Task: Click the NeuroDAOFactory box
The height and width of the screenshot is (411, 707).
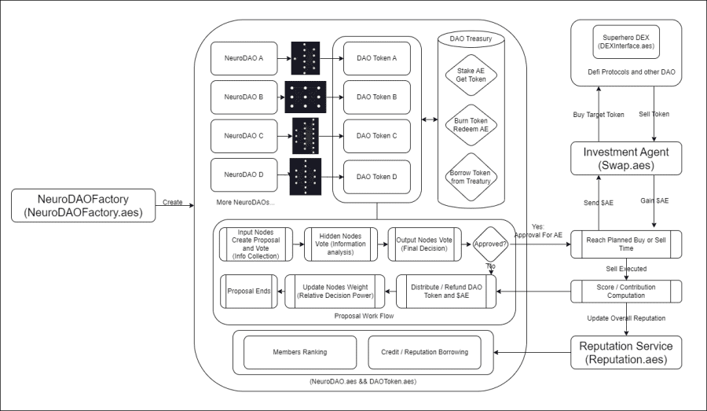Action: [83, 206]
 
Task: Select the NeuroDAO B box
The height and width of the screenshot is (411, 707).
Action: [244, 97]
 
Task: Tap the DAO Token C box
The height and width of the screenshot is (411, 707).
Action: [377, 136]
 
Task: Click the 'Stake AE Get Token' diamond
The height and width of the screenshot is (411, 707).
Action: [471, 75]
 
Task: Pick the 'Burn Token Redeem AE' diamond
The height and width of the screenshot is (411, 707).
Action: [471, 125]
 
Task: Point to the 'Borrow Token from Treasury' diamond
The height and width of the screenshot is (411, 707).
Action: [471, 177]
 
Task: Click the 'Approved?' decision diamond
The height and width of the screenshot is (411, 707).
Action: [490, 244]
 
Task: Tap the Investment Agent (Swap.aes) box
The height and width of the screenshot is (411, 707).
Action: [626, 159]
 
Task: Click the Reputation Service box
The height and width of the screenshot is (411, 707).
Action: [626, 353]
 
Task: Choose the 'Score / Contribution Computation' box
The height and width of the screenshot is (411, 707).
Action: [626, 292]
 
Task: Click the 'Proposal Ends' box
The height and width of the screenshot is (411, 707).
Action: [249, 292]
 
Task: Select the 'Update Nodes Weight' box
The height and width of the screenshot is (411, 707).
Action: [335, 292]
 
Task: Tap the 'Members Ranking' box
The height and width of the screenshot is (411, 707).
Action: [300, 352]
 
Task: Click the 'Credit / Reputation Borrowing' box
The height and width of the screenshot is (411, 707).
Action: [425, 352]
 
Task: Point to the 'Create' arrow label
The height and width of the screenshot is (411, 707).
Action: [173, 202]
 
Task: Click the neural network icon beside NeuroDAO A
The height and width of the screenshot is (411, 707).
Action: [306, 58]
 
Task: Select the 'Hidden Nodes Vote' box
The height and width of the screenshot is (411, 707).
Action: [341, 244]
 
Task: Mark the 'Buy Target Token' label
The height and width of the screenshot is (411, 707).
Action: [599, 115]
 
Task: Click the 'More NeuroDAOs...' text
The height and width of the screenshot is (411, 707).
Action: [245, 202]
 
